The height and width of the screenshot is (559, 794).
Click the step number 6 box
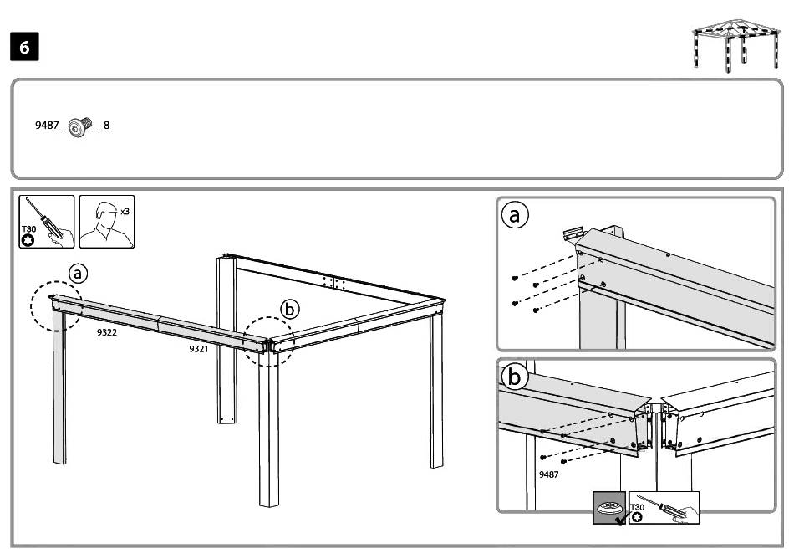[x=24, y=48]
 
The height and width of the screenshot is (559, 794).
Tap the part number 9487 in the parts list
[x=47, y=126]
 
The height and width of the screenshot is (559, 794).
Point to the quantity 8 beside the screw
[x=106, y=126]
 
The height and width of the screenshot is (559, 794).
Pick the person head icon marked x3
[x=104, y=222]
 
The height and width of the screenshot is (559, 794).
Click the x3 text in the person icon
[x=125, y=212]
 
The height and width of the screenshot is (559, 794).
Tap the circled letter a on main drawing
[x=78, y=273]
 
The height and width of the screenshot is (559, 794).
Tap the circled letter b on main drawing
[x=289, y=309]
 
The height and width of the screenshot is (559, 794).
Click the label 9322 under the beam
[x=106, y=332]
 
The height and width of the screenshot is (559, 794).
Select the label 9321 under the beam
[x=198, y=348]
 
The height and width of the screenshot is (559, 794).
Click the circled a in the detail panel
[x=515, y=216]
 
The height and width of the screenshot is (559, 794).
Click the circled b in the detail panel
[x=515, y=377]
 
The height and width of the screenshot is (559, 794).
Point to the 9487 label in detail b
[x=548, y=474]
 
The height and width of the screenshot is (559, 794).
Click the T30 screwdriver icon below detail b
[x=664, y=507]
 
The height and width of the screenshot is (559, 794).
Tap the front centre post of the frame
[x=272, y=435]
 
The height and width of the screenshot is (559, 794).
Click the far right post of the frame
[x=436, y=393]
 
